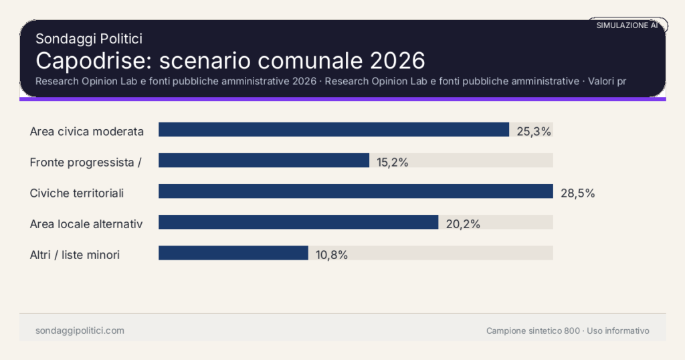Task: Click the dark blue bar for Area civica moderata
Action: pos(333,130)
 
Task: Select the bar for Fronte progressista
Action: pos(264,161)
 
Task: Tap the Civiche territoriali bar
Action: pos(355,191)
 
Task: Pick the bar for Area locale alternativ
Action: pos(298,222)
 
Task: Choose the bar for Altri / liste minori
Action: pos(233,253)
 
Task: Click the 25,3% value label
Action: pos(534,131)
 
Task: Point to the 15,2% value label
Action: pos(393,162)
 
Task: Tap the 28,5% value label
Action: pos(577,193)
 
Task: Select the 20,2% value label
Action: pos(463,224)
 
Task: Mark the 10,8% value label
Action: pos(331,255)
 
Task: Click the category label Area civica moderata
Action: pos(87,131)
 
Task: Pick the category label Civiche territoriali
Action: pos(77,193)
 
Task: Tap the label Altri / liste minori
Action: pos(75,255)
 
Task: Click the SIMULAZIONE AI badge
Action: pos(627,25)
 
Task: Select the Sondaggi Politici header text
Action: pos(89,39)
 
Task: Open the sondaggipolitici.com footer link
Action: pos(80,331)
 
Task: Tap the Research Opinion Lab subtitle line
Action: pos(330,82)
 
